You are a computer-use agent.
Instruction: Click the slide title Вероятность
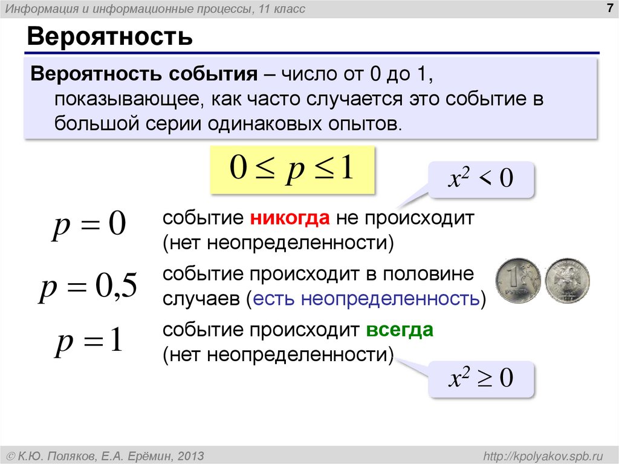[x=109, y=37]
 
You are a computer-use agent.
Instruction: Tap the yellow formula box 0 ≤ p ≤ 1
[x=292, y=169]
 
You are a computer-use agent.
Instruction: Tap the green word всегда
[x=399, y=331]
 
